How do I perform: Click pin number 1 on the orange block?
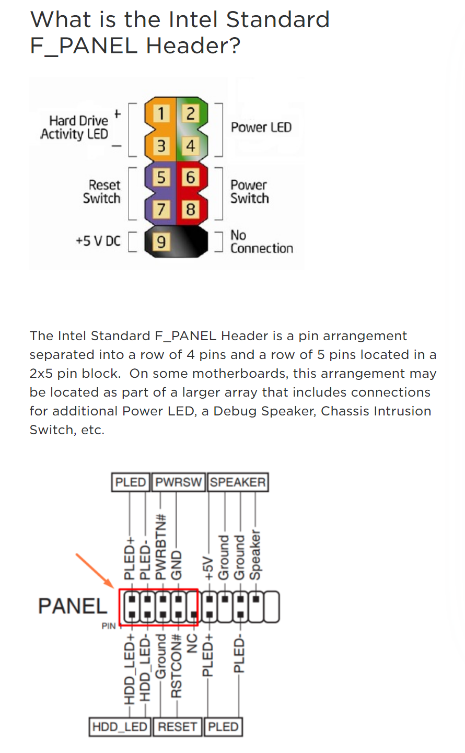pyautogui.click(x=161, y=113)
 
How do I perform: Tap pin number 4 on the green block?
pyautogui.click(x=190, y=146)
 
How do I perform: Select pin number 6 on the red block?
pyautogui.click(x=190, y=177)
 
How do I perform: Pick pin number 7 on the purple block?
pyautogui.click(x=161, y=209)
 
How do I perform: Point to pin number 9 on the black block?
pyautogui.click(x=161, y=241)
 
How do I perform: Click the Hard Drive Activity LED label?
pyautogui.click(x=75, y=127)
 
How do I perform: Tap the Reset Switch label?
pyautogui.click(x=102, y=191)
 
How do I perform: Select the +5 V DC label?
pyautogui.click(x=98, y=241)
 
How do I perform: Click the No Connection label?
pyautogui.click(x=262, y=242)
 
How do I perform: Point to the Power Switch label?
pyautogui.click(x=249, y=191)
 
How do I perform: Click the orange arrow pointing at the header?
pyautogui.click(x=95, y=570)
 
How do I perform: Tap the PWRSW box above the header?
pyautogui.click(x=178, y=482)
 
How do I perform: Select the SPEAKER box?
pyautogui.click(x=238, y=482)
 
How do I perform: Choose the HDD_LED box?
pyautogui.click(x=120, y=727)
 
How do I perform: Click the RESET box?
pyautogui.click(x=177, y=727)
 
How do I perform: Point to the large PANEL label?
pyautogui.click(x=73, y=606)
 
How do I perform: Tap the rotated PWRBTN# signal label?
pyautogui.click(x=161, y=547)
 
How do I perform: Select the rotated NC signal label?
pyautogui.click(x=192, y=643)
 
